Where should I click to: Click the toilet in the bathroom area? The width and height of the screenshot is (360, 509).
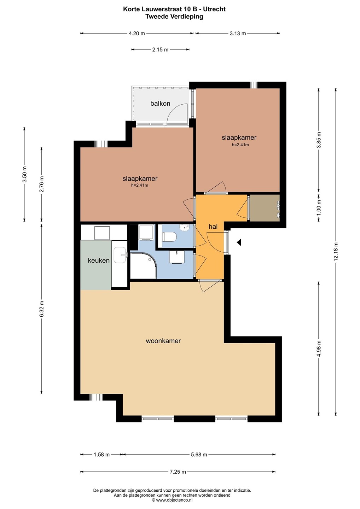(x=169, y=237)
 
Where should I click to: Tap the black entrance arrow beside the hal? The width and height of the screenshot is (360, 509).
(x=239, y=242)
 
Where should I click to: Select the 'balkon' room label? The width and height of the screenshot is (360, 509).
(x=160, y=104)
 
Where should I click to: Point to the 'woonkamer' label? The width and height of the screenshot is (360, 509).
(x=163, y=341)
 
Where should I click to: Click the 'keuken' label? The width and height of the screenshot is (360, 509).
(x=99, y=261)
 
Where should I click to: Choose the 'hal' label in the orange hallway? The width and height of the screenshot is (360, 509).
(x=213, y=226)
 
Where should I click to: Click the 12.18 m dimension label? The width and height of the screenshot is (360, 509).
(x=336, y=252)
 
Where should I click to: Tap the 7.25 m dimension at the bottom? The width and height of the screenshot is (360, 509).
(x=178, y=472)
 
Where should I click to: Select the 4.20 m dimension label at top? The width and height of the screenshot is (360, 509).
(x=137, y=33)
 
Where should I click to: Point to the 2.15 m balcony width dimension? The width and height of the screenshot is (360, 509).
(x=160, y=49)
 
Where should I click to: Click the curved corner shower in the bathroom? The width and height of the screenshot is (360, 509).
(x=144, y=265)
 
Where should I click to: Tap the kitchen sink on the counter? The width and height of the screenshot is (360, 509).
(x=120, y=255)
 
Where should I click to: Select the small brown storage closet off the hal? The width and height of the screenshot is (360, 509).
(x=264, y=208)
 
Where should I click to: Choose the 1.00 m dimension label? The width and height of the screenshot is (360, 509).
(x=319, y=208)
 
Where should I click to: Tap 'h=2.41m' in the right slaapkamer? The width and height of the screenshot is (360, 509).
(x=240, y=145)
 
